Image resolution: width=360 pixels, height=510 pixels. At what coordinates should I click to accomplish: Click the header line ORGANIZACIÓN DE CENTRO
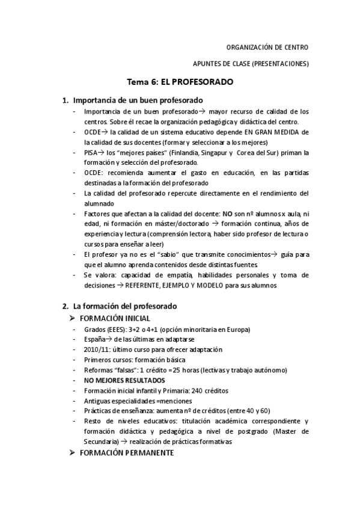[267, 47]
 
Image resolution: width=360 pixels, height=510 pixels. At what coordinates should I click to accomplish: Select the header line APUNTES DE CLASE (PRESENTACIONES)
[250, 64]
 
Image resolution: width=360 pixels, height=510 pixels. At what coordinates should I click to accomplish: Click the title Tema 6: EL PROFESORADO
[180, 82]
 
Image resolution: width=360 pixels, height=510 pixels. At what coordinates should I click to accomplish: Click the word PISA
[92, 153]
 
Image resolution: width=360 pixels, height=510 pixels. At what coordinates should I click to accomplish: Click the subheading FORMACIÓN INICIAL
[115, 318]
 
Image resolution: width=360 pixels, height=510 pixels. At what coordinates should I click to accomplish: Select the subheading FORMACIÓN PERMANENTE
[127, 452]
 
